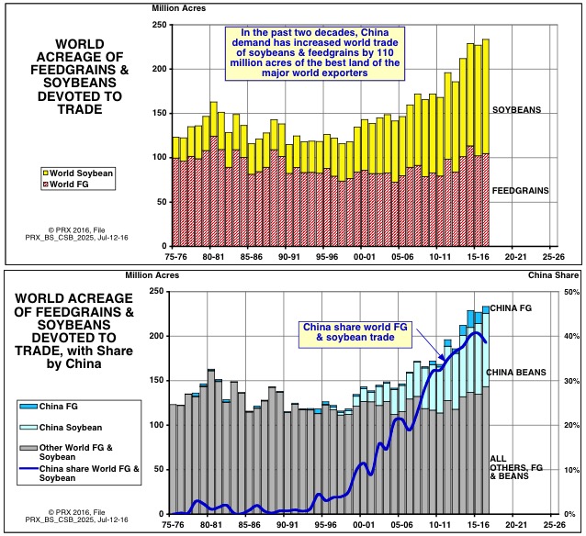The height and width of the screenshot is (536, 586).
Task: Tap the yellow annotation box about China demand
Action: pyautogui.click(x=317, y=51)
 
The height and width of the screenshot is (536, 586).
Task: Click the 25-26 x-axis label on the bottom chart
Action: pyautogui.click(x=553, y=526)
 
